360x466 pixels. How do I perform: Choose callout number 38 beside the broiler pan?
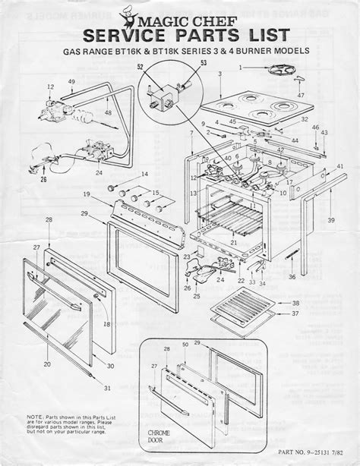296,302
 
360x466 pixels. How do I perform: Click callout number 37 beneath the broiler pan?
296,313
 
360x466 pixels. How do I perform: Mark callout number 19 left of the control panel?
88,194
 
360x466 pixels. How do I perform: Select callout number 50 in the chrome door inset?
185,346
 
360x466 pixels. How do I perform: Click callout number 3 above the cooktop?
219,74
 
